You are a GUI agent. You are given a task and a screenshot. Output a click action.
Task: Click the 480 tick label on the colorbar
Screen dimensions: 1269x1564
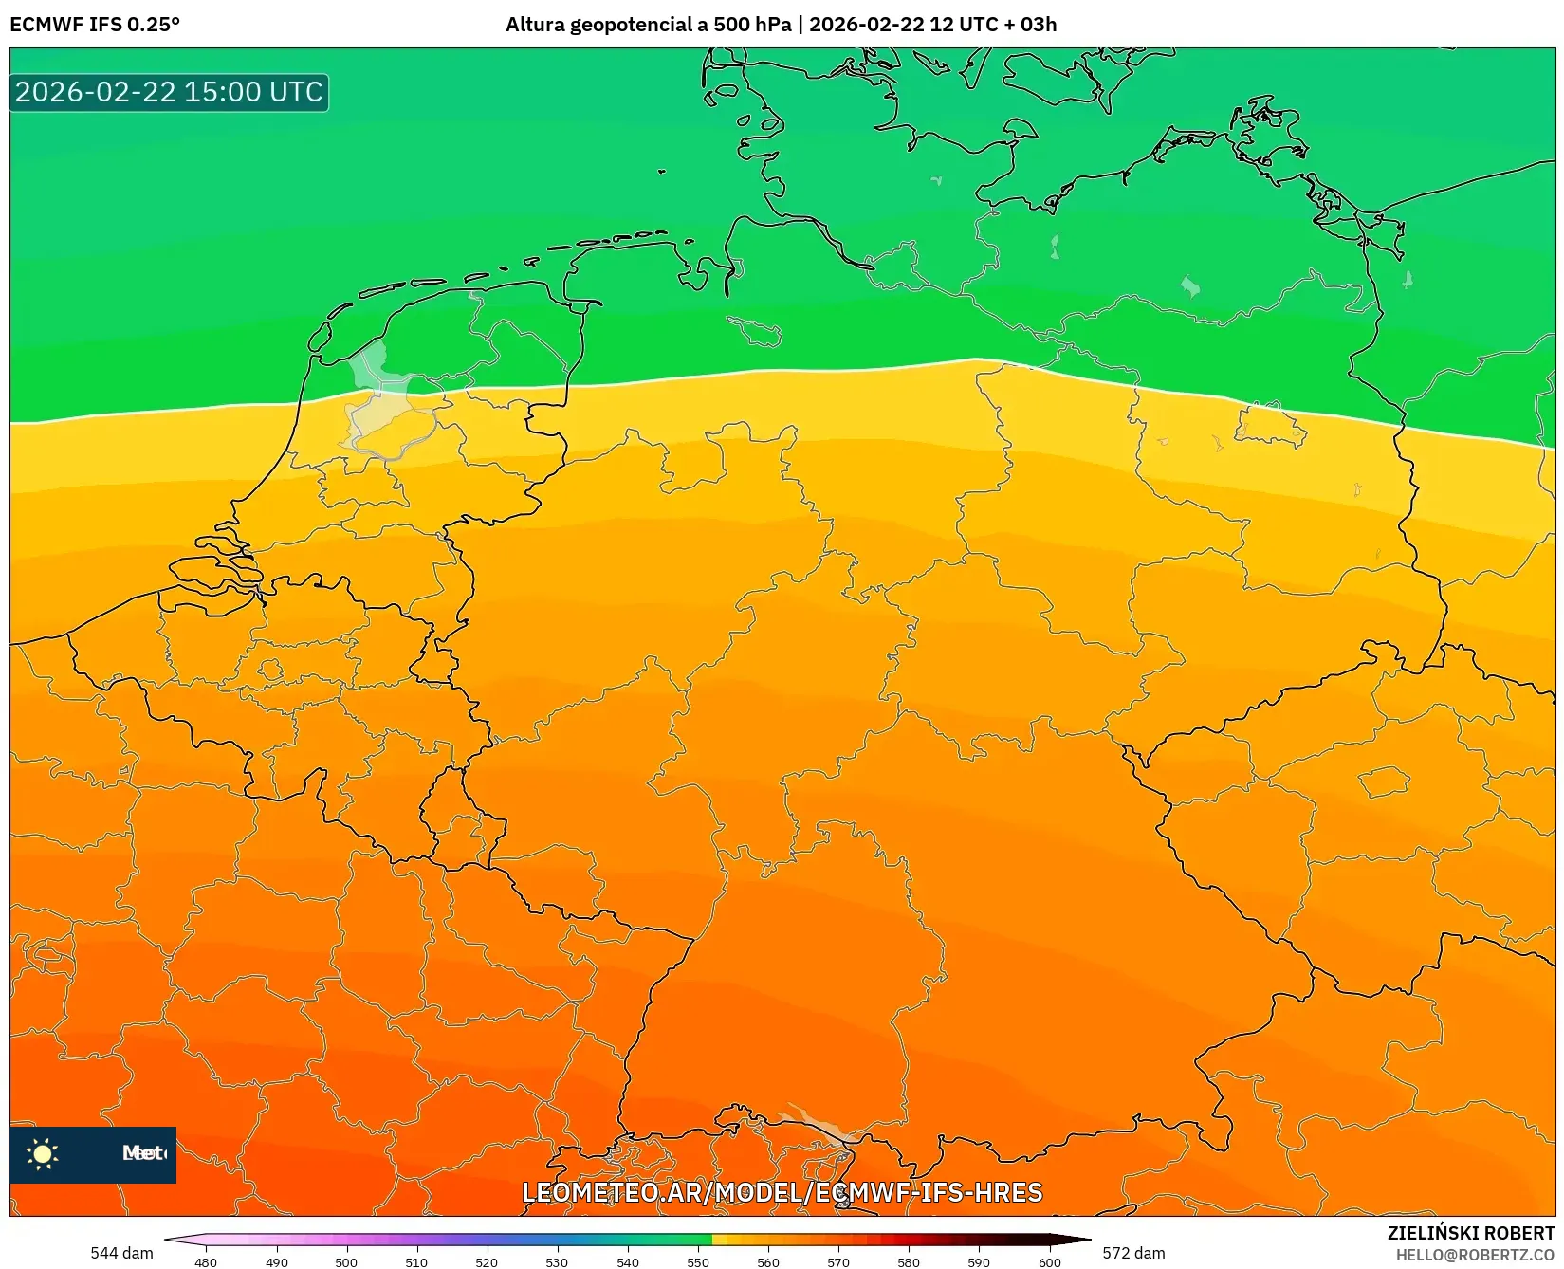pyautogui.click(x=206, y=1262)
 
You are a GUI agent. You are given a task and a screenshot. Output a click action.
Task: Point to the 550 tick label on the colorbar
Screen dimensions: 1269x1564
pyautogui.click(x=698, y=1262)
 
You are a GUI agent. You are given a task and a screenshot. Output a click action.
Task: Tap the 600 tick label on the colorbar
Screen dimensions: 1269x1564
pyautogui.click(x=1049, y=1262)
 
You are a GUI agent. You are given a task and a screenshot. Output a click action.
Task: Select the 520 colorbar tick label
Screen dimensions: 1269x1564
pyautogui.click(x=487, y=1262)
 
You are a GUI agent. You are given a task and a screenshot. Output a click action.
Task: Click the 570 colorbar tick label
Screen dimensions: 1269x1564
pyautogui.click(x=838, y=1262)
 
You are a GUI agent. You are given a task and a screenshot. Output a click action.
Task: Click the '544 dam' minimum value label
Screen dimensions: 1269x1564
pyautogui.click(x=121, y=1253)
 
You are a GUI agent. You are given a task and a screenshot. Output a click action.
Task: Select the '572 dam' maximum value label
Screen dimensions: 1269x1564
pyautogui.click(x=1133, y=1253)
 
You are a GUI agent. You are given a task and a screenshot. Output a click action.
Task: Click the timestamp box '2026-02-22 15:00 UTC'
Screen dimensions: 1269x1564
pyautogui.click(x=169, y=92)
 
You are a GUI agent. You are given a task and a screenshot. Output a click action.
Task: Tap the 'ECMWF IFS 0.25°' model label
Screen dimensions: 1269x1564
pyautogui.click(x=95, y=25)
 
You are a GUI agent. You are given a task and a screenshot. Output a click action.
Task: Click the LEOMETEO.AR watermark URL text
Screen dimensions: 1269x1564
pyautogui.click(x=782, y=1192)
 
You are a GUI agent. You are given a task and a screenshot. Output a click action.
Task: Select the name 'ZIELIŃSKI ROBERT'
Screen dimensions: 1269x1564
pyautogui.click(x=1471, y=1233)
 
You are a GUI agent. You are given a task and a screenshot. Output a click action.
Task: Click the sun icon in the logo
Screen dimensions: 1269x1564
pyautogui.click(x=43, y=1153)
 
